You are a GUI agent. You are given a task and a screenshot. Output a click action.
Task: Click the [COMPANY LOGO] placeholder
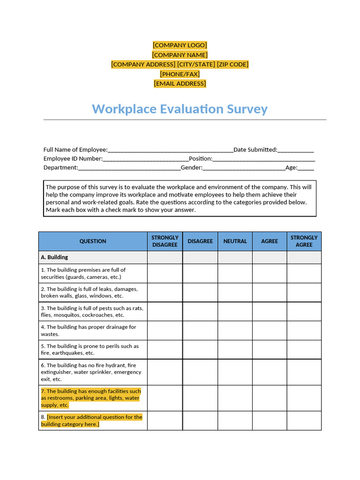point(180,45)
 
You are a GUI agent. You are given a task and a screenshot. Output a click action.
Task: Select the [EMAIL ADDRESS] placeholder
point(180,83)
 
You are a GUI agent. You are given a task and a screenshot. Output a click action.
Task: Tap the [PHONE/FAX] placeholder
point(180,74)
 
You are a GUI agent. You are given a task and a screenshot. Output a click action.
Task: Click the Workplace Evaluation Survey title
point(180,109)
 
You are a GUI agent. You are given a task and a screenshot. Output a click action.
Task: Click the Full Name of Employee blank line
point(170,150)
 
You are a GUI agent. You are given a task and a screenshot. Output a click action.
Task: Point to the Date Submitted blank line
point(296,150)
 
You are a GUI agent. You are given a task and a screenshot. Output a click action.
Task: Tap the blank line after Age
point(306,168)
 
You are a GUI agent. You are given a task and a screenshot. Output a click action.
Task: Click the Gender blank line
point(244,168)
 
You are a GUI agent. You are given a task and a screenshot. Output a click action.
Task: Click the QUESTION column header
point(93,241)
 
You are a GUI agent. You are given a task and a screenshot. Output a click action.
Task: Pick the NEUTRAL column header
point(235,241)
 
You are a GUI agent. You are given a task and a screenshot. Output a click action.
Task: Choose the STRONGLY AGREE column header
point(304,241)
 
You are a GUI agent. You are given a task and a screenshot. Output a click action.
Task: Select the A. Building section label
point(54,257)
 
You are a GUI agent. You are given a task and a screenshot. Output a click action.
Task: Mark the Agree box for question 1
point(270,273)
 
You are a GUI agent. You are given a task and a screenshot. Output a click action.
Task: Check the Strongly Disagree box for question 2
point(165,292)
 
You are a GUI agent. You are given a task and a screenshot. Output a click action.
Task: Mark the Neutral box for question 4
point(235,330)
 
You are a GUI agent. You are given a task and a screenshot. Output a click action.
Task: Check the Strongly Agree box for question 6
point(304,372)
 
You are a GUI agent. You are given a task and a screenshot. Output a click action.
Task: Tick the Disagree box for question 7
point(200,398)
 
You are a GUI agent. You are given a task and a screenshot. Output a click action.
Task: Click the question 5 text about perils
point(90,350)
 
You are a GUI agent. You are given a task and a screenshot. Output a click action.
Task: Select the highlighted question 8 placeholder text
point(92,420)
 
